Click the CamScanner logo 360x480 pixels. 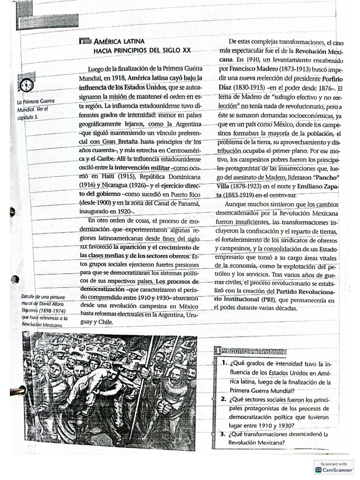click(334, 469)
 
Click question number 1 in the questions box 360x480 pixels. click(225, 364)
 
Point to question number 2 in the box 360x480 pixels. click(224, 399)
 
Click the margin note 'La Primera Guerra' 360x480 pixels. click(36, 102)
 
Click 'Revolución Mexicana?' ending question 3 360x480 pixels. click(257, 442)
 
